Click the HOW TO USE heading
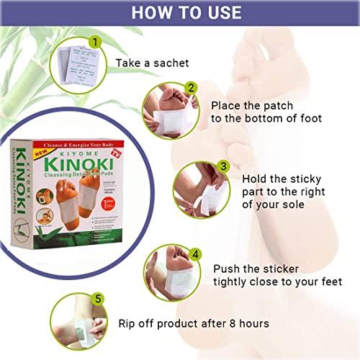[180, 13]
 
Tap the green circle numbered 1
[92, 42]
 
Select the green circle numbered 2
[190, 89]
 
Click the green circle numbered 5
[91, 297]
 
